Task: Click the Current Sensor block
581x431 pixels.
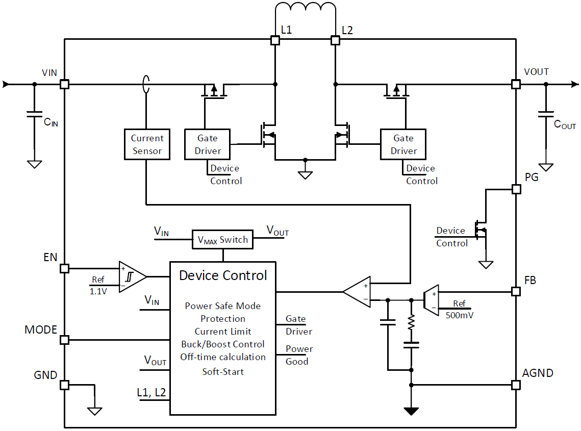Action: click(147, 144)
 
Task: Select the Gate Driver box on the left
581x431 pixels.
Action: click(207, 144)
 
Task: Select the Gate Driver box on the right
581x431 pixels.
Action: click(403, 144)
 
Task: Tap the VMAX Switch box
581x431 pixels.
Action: click(222, 240)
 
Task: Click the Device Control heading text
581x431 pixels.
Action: click(223, 276)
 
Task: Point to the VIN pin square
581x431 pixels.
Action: click(64, 84)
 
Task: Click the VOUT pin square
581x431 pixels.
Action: click(516, 84)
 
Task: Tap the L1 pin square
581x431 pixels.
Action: click(275, 40)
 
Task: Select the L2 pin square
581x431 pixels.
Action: click(335, 40)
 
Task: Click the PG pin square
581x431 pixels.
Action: click(516, 189)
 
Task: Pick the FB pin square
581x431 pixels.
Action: click(516, 292)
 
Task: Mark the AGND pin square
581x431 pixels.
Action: click(516, 385)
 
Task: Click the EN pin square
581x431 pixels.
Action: click(64, 268)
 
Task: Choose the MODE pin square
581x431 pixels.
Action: click(64, 340)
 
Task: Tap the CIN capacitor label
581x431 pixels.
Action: click(50, 122)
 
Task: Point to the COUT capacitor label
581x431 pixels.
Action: click(565, 124)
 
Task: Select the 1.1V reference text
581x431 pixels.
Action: click(98, 291)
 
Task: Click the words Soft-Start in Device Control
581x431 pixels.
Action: click(223, 372)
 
